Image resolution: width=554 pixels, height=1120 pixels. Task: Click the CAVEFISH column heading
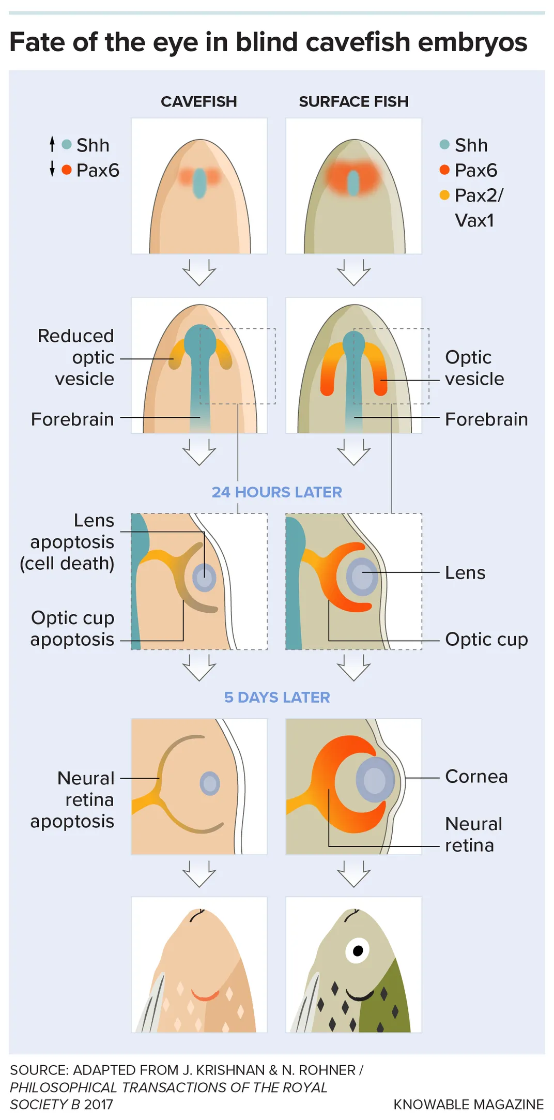coord(198,102)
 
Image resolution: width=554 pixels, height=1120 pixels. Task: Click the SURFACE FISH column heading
coord(353,102)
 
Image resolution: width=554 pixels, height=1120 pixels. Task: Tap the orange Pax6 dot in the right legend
coord(444,170)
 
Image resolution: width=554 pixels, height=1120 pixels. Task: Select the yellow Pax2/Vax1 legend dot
coord(444,195)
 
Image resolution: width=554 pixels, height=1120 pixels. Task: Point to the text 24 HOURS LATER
coord(276,492)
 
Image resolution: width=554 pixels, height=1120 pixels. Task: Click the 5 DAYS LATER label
coord(276,697)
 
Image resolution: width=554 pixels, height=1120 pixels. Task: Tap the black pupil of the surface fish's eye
coord(358,950)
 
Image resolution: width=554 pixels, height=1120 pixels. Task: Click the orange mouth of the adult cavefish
coord(205,995)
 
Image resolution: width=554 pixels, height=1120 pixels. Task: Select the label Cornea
coord(476,777)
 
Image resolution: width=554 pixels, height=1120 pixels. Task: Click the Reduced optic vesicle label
coord(76,357)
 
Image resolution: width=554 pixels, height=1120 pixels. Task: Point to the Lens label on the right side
coord(465,573)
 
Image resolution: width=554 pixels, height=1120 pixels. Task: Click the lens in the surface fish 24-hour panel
coord(362,577)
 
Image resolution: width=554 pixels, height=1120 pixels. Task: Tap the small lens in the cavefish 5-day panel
coord(210,783)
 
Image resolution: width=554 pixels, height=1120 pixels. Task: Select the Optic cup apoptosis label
coord(72,628)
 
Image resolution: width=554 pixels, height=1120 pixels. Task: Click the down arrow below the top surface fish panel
coord(353,273)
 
